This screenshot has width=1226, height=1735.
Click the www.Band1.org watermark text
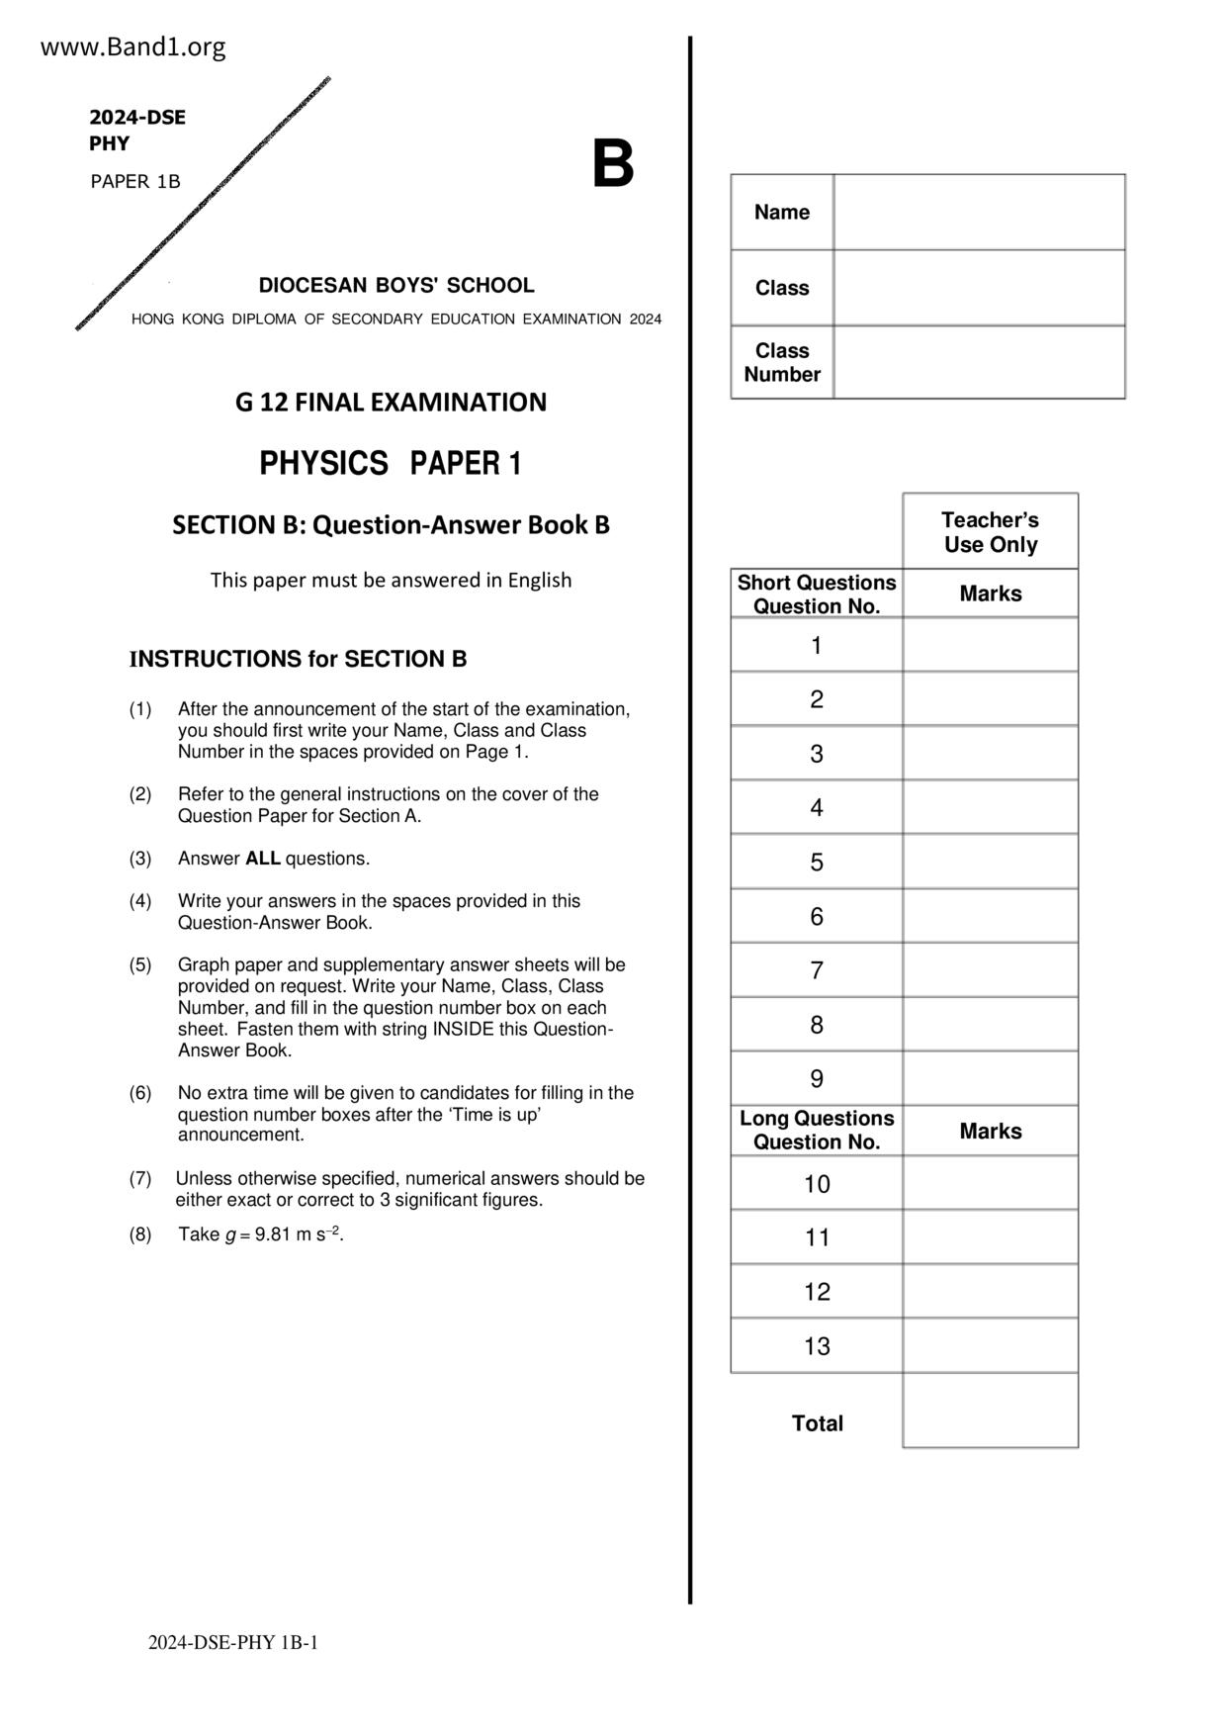click(x=132, y=46)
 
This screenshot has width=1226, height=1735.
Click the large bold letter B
click(x=612, y=164)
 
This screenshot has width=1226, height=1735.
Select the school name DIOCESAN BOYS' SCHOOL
click(x=396, y=286)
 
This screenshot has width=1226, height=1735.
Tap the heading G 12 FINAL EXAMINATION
click(x=391, y=403)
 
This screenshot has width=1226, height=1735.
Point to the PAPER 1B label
click(x=135, y=182)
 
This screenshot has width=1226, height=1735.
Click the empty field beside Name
click(x=979, y=212)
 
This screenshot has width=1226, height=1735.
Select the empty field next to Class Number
click(x=979, y=362)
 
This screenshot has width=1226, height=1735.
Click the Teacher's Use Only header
click(x=990, y=532)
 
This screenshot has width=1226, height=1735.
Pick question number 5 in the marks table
click(x=817, y=863)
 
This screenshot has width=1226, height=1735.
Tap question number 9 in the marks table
click(x=817, y=1079)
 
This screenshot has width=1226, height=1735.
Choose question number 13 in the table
click(x=817, y=1346)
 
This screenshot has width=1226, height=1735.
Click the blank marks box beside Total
click(x=990, y=1411)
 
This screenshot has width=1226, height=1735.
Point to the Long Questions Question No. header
click(x=817, y=1131)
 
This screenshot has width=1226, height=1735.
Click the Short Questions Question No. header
click(x=817, y=594)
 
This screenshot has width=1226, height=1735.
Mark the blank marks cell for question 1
click(x=990, y=646)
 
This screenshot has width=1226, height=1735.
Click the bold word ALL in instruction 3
click(x=263, y=859)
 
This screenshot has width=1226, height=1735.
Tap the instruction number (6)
click(x=140, y=1093)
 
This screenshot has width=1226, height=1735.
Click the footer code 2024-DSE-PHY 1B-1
click(x=233, y=1643)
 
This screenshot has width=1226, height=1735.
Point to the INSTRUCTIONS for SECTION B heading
click(x=298, y=660)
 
